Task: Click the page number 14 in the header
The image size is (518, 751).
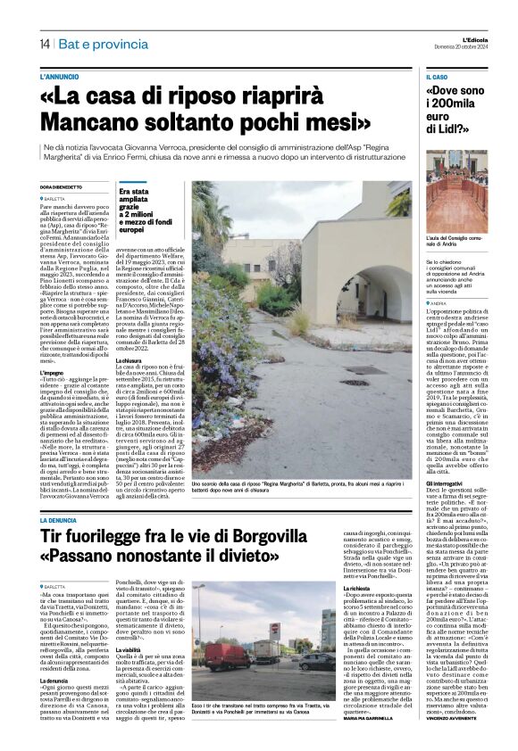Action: [43, 44]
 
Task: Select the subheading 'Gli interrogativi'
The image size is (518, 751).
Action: [447, 482]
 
